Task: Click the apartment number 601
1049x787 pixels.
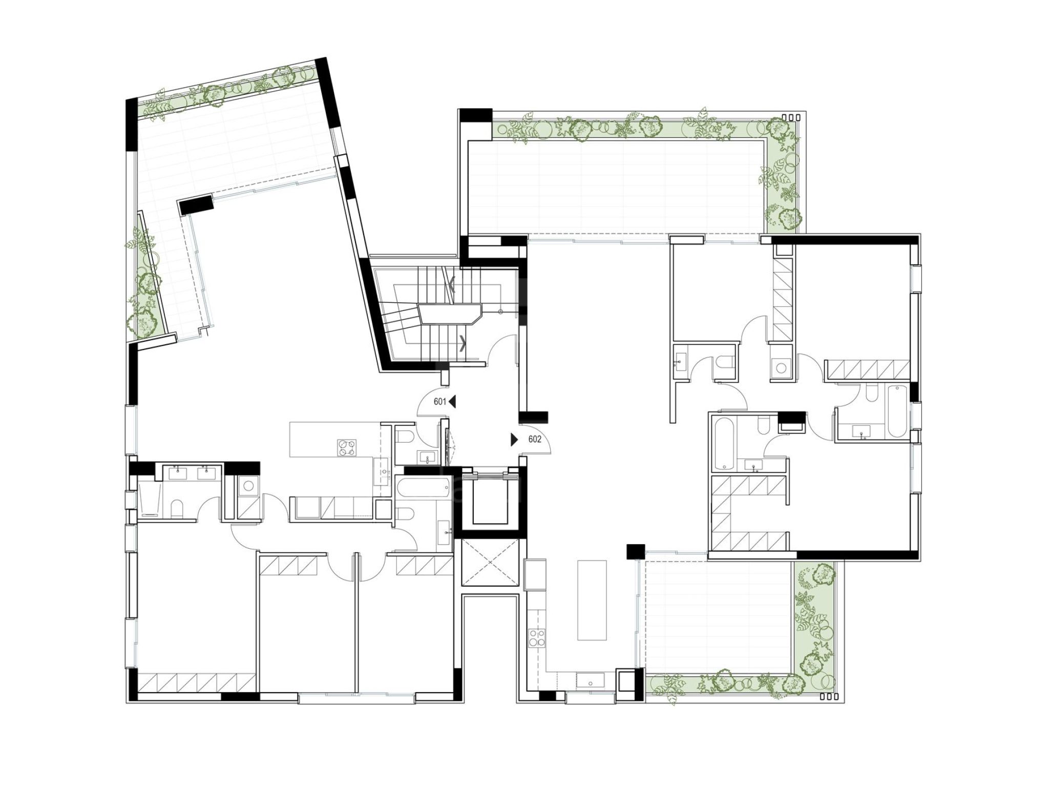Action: pos(440,402)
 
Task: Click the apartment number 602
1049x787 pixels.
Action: pos(535,439)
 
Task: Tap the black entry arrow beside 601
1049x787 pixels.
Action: pos(452,402)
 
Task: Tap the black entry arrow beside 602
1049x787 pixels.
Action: pos(514,440)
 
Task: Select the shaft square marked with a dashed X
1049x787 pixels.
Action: pos(491,562)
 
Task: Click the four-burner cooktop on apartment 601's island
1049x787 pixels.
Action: pos(346,447)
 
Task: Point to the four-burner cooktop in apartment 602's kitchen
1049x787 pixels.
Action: pos(537,638)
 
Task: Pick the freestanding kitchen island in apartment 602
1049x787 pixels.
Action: pos(592,599)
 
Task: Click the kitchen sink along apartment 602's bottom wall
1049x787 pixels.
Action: pos(591,680)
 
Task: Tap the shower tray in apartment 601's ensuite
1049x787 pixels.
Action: pos(150,500)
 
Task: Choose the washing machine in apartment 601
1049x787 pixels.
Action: pos(248,485)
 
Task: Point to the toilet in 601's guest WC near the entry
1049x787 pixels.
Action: pos(404,436)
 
